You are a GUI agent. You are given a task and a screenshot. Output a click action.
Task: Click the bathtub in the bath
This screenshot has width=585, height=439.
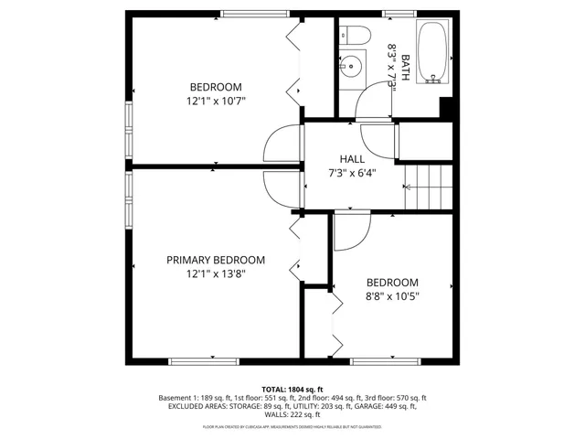tap(431, 53)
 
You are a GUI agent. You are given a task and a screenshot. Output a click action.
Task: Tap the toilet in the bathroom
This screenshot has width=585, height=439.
tap(357, 36)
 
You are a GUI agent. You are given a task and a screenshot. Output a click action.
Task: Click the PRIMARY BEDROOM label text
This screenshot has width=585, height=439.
tap(216, 260)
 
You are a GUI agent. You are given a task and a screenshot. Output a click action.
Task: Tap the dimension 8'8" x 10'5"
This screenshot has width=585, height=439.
tap(392, 296)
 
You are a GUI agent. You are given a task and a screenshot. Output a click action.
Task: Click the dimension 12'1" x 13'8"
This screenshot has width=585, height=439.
tap(216, 273)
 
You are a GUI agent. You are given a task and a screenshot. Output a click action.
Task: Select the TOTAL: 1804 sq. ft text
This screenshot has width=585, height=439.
tap(292, 390)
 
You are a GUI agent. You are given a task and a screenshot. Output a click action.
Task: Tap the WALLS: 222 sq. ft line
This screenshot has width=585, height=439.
tap(292, 416)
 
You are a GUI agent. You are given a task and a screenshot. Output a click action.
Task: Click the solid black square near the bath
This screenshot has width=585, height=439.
tap(447, 108)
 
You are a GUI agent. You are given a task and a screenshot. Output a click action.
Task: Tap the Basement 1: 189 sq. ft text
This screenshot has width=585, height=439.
tap(193, 398)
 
